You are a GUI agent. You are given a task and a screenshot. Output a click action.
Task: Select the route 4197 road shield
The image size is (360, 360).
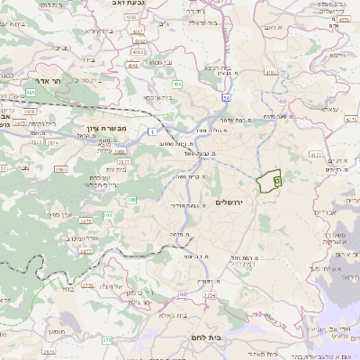click(137, 31)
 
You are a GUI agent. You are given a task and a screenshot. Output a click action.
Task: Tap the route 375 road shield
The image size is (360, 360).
click(107, 340)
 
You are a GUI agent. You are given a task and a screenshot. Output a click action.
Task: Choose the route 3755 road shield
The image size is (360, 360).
click(88, 285)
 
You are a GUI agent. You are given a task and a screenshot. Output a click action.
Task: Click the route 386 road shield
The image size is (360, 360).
click(130, 200)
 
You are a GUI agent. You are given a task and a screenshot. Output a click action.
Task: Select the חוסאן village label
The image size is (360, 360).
click(56, 332)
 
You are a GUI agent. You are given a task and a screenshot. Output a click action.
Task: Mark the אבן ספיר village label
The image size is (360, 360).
click(61, 214)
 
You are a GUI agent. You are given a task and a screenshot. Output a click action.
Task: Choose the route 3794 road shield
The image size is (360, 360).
click(210, 293)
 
